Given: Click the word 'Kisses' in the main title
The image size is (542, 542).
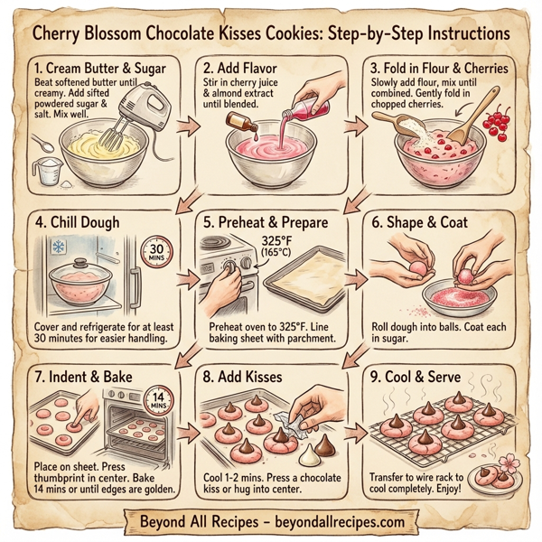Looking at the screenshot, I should [x=258, y=33].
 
